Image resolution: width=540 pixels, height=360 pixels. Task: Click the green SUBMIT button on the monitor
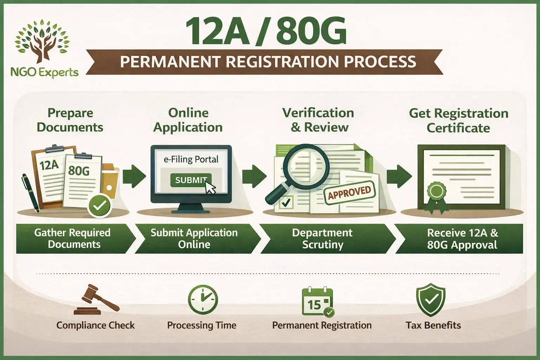[190, 180]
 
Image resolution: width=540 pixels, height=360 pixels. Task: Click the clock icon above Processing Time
[203, 300]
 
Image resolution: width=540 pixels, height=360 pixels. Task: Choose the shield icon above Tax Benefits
[431, 300]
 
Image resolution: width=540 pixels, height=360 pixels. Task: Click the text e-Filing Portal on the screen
[191, 159]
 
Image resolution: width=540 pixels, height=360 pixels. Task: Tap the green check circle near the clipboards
[99, 206]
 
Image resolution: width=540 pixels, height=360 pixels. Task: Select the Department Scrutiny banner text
[322, 238]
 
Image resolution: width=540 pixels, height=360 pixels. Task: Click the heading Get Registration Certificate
[458, 120]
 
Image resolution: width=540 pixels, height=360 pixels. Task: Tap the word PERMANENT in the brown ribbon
[171, 62]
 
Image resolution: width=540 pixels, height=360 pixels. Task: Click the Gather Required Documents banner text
[72, 238]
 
